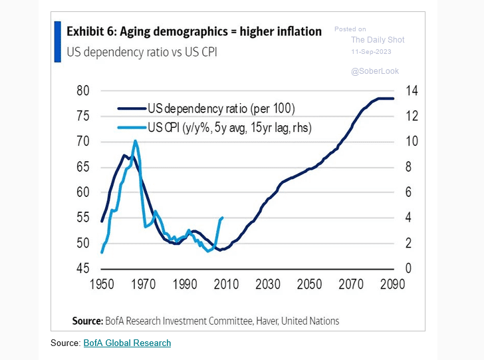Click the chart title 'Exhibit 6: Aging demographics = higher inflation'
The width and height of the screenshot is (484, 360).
pyautogui.click(x=194, y=31)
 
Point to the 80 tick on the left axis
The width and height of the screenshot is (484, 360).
pyautogui.click(x=83, y=91)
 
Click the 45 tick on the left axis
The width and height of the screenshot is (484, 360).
pyautogui.click(x=83, y=269)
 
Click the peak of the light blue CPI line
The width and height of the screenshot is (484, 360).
pyautogui.click(x=136, y=140)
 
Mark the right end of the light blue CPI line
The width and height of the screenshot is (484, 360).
pyautogui.click(x=222, y=218)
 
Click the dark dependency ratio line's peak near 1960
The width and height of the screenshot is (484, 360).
pyautogui.click(x=124, y=156)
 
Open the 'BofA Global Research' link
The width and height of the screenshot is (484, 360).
pyautogui.click(x=127, y=343)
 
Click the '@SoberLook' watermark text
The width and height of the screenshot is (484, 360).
pyautogui.click(x=375, y=71)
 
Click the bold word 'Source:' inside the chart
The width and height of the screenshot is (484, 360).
pyautogui.click(x=87, y=321)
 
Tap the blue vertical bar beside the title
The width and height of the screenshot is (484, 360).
pyautogui.click(x=58, y=41)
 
